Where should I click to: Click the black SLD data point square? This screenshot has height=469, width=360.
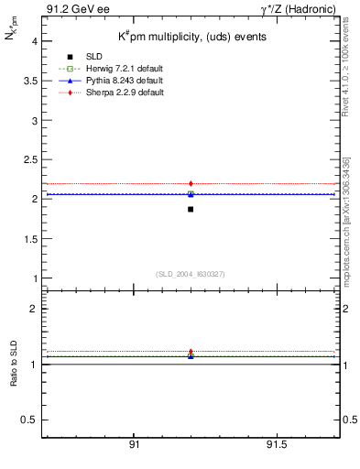191,209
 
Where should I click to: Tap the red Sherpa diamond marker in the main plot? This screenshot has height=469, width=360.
191,184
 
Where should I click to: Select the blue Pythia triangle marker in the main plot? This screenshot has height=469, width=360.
191,194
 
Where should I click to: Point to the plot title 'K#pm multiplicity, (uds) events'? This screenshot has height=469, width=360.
191,38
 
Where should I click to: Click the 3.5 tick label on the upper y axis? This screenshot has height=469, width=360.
29,81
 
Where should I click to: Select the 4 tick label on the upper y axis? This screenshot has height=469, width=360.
34,41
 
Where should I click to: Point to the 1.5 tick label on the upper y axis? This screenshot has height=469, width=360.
29,238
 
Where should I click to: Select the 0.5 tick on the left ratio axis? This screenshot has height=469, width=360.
29,420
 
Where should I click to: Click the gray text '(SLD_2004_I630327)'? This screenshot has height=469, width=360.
191,273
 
